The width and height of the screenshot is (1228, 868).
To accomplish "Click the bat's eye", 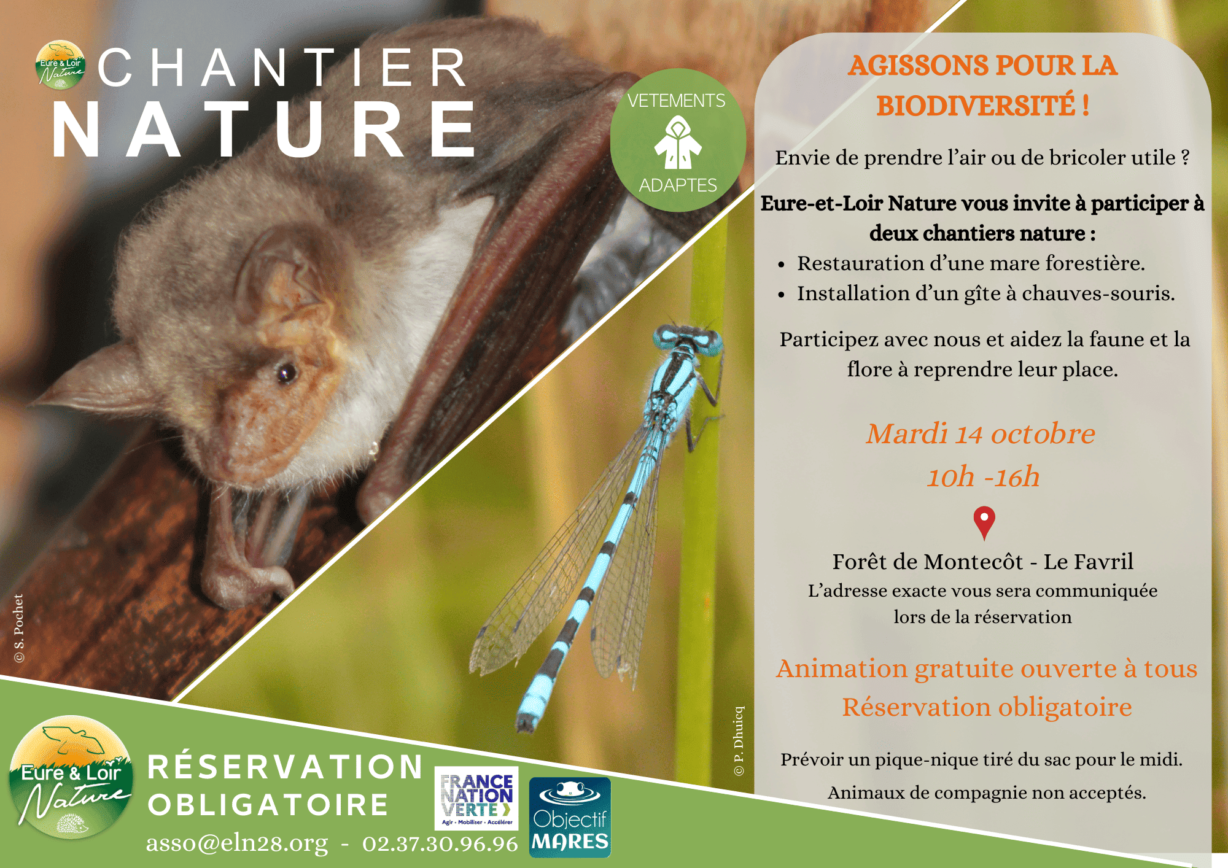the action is coord(286,372).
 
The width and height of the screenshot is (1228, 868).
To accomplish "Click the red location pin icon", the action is coord(984,522).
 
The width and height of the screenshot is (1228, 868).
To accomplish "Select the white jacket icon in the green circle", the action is coord(678,143).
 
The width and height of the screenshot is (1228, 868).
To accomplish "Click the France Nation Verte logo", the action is coord(476,798).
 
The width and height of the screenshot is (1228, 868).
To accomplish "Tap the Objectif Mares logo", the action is coord(570,817).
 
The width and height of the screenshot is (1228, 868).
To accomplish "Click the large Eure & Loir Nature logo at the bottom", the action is coord(71,777).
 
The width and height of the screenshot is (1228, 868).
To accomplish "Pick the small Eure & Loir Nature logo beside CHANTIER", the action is coord(60,65).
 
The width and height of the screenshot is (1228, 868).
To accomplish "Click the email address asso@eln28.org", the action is coord(237,843).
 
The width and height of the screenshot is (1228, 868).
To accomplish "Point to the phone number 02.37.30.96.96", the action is coord(440,843).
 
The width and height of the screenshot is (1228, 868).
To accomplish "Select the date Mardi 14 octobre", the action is coord(981,433).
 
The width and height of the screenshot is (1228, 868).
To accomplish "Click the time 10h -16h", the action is coord(983,476).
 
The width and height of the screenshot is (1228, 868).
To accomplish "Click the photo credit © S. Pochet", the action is coord(19,628).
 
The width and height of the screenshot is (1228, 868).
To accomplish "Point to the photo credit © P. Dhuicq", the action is coord(739,741).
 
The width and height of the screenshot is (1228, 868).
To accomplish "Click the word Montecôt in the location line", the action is coord(974,562).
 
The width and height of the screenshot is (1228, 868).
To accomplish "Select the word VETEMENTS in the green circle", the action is coord(676,101).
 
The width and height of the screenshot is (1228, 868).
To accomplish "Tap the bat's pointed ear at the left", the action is coord(92,381).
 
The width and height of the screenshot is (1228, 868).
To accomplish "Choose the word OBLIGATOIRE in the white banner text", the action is coord(268,805).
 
